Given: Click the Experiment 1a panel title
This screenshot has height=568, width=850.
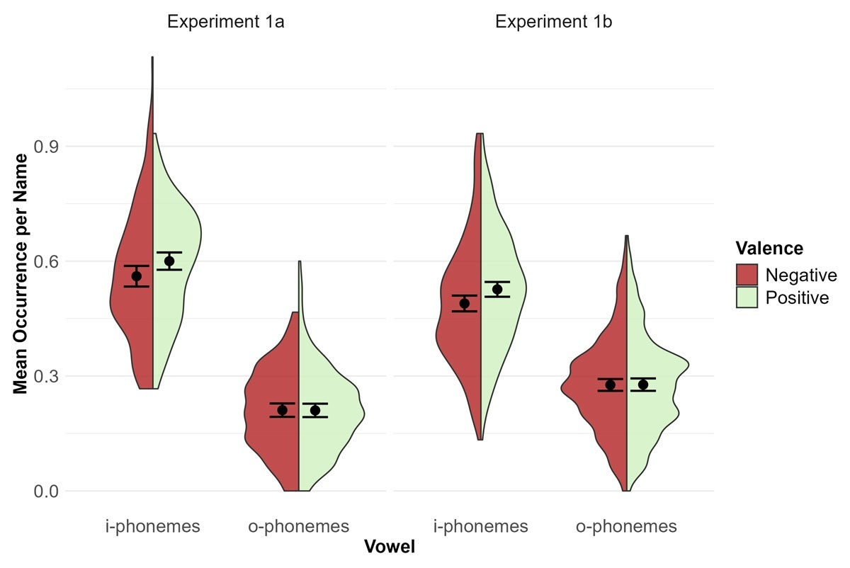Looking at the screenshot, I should (x=226, y=22).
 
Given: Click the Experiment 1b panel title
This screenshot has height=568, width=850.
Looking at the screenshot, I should (x=554, y=22).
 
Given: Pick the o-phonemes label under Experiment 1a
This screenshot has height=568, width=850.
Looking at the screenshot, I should (x=299, y=526).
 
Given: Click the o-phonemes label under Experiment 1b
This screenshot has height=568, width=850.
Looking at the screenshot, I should (x=627, y=526).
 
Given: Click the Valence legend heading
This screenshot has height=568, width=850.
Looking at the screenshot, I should (x=769, y=248).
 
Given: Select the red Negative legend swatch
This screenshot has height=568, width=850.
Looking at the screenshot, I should (x=747, y=275).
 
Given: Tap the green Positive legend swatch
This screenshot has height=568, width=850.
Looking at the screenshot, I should (x=747, y=297).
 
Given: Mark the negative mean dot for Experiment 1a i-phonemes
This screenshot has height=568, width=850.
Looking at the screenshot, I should (x=137, y=276).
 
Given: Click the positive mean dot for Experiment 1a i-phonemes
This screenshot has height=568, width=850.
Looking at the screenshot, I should (x=169, y=261).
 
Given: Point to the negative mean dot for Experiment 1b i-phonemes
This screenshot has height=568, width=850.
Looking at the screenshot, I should (x=465, y=303).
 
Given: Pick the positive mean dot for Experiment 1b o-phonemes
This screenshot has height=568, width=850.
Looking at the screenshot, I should (x=643, y=385).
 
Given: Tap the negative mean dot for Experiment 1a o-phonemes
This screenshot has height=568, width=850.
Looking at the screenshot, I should (x=282, y=410).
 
